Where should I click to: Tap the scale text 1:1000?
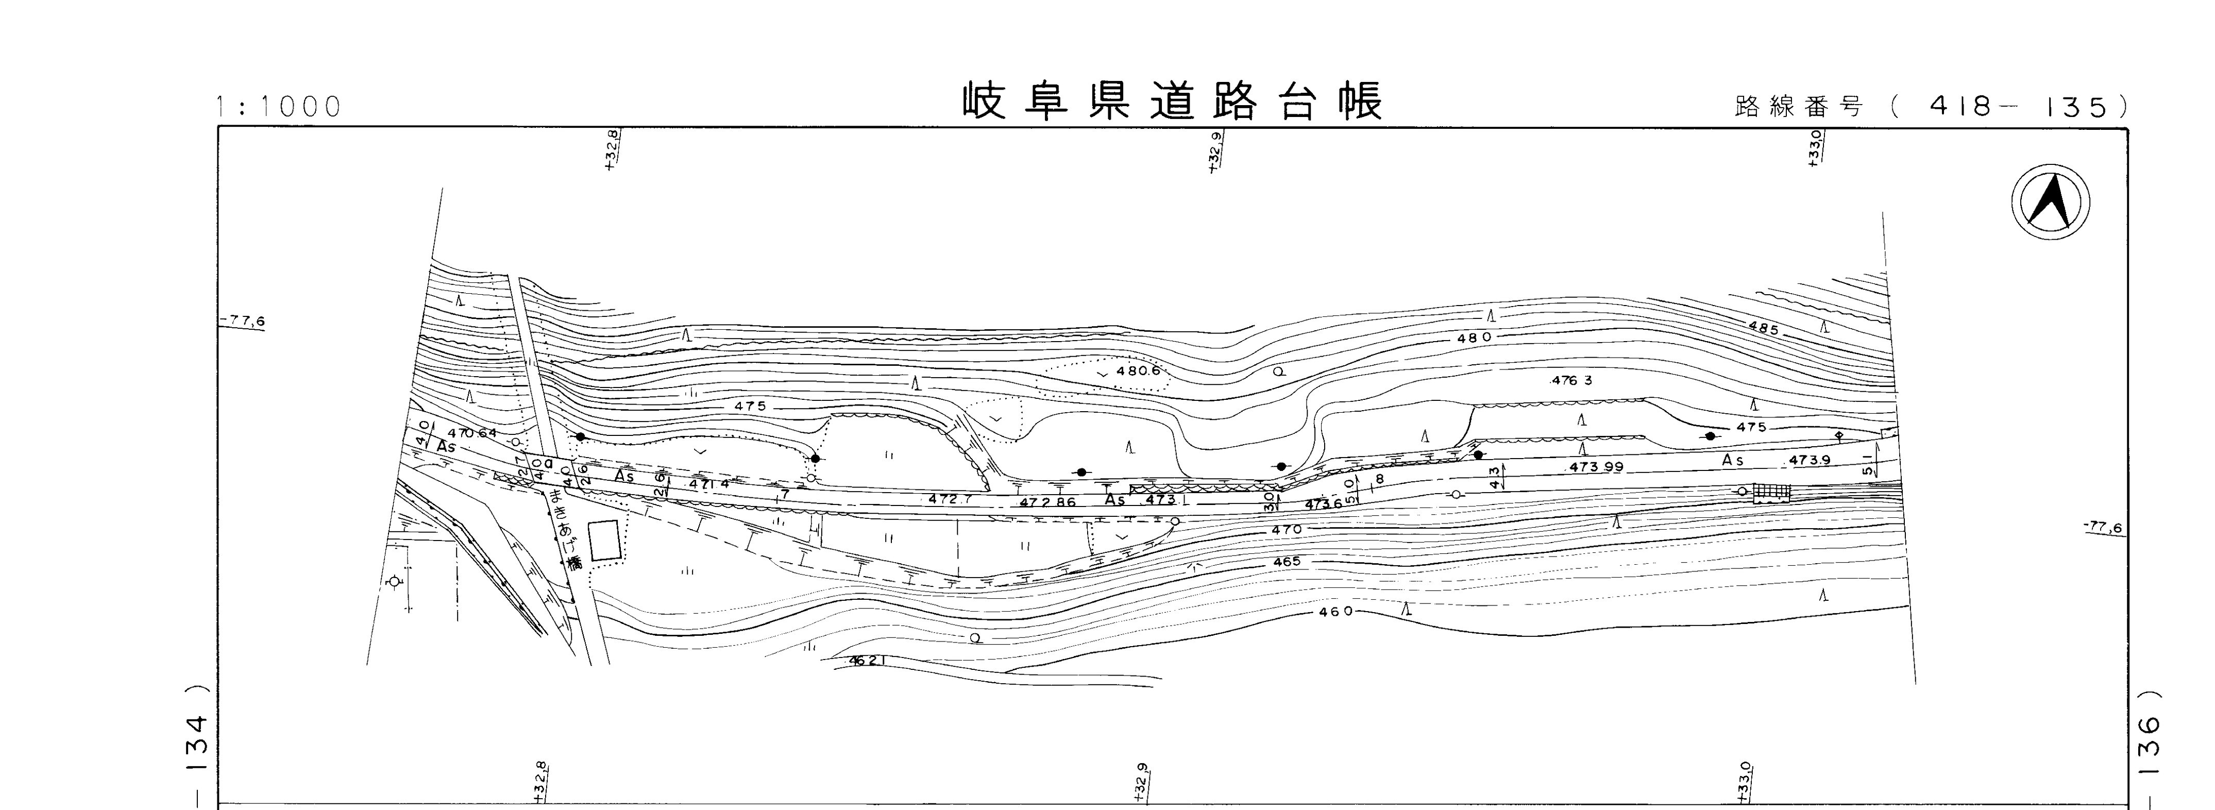(279, 107)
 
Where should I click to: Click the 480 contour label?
(1474, 339)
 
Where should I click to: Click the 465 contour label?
(1287, 562)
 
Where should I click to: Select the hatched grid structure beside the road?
(1771, 492)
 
